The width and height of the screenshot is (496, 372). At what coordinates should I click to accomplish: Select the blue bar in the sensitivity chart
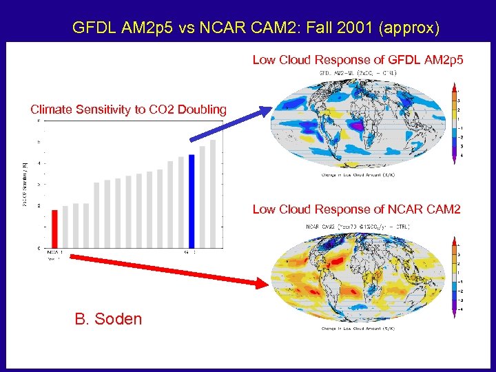pos(192,201)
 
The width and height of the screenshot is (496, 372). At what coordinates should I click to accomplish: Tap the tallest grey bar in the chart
pos(213,193)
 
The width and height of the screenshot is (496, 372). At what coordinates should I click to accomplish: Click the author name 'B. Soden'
pos(108,319)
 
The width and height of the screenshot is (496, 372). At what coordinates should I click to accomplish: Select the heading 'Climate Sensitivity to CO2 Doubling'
pos(128,110)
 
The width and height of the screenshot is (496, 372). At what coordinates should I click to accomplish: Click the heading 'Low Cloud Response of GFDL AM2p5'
pos(358,60)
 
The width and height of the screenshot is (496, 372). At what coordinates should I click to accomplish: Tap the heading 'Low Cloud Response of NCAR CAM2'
pos(356,209)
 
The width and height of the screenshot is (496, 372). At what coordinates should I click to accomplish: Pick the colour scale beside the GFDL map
pos(453,125)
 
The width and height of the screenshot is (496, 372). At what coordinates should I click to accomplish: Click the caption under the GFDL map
pos(358,175)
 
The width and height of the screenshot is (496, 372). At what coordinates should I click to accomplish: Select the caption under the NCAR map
pos(358,329)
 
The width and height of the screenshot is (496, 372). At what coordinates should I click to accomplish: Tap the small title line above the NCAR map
pos(357,225)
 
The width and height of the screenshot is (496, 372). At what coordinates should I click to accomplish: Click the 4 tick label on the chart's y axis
pos(39,163)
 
